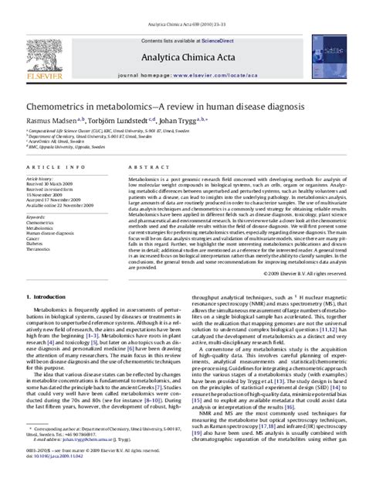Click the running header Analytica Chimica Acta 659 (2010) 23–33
(182, 5)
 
